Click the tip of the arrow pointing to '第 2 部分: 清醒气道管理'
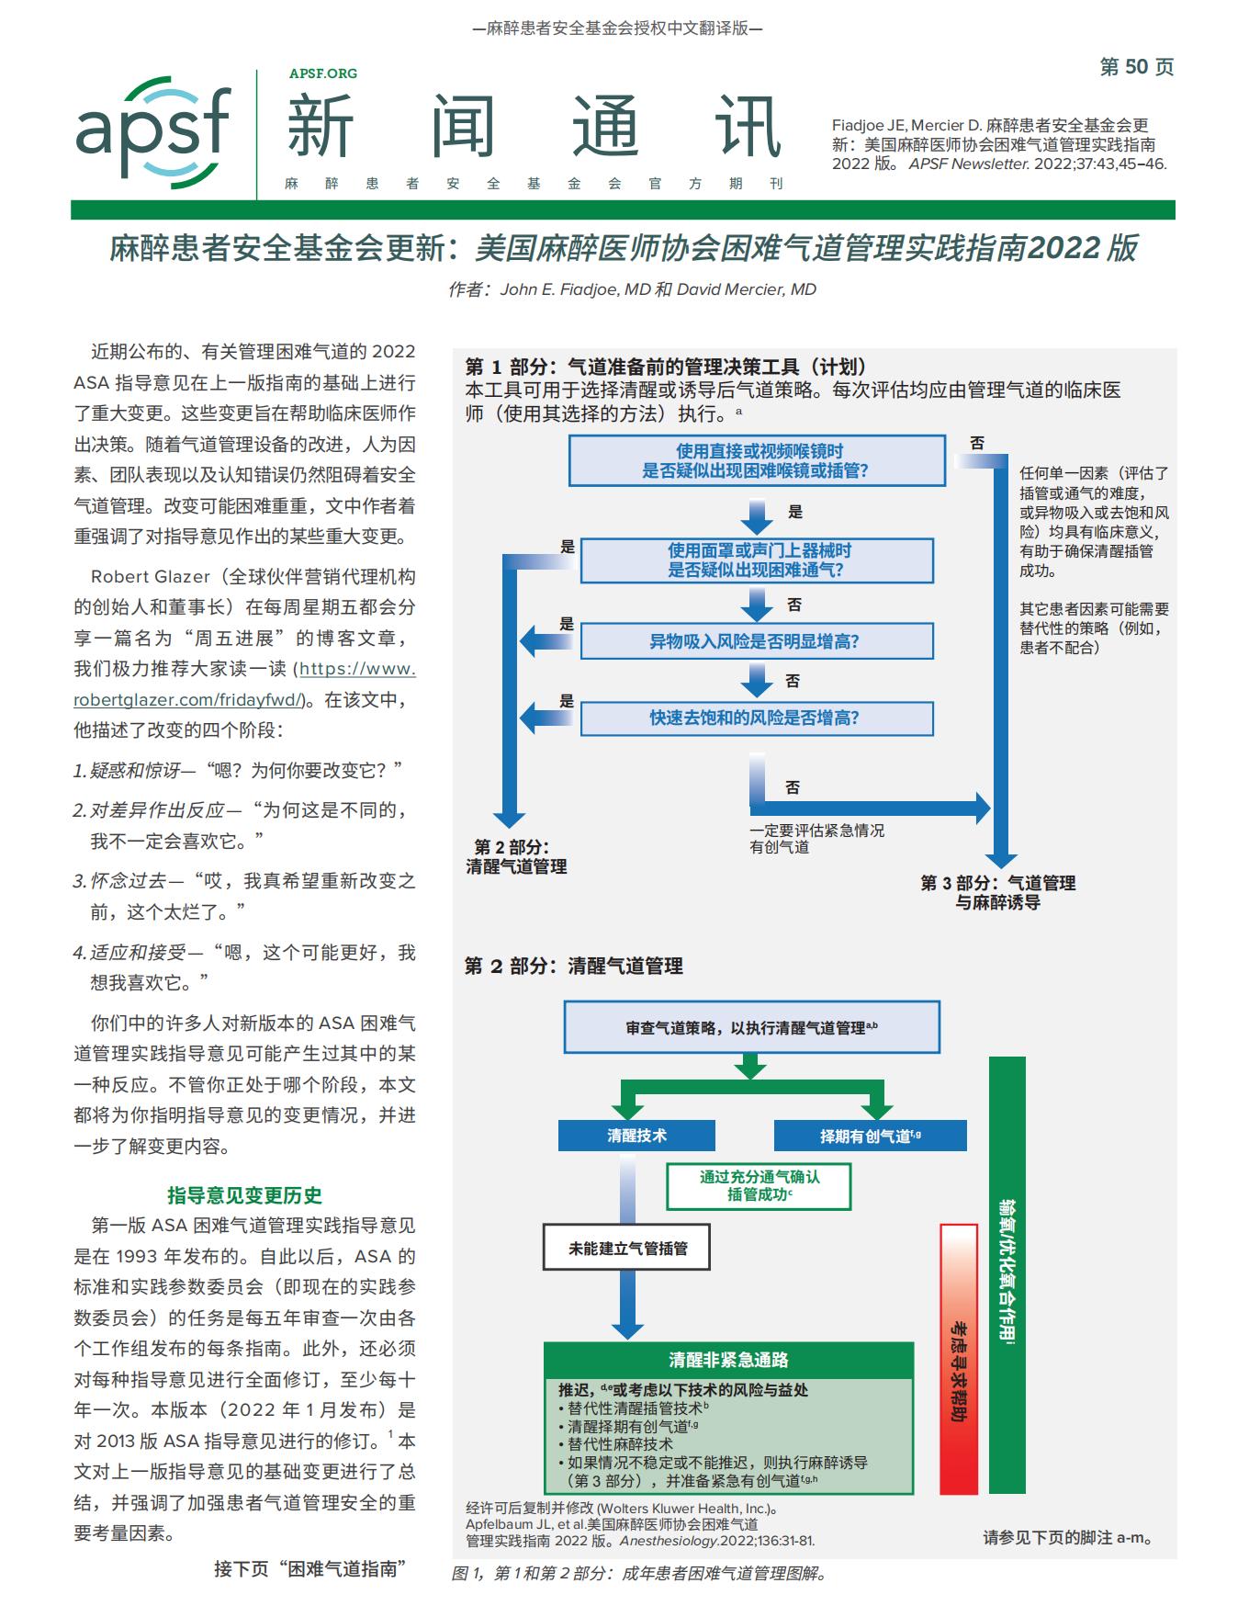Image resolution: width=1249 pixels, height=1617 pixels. (x=509, y=828)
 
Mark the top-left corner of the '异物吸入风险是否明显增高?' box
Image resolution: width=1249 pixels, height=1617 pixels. (x=581, y=624)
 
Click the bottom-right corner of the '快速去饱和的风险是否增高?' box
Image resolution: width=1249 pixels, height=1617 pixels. (x=934, y=736)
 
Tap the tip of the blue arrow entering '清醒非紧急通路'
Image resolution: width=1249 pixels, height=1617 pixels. (x=627, y=1340)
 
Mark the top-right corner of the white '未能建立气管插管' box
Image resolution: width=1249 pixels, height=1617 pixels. (x=710, y=1225)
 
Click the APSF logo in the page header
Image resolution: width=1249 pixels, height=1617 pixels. (x=153, y=131)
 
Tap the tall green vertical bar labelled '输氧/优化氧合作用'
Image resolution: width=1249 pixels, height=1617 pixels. (x=1007, y=1275)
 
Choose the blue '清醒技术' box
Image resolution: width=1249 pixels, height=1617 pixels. (x=636, y=1136)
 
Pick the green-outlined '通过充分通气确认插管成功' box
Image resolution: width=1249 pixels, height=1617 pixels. (x=759, y=1186)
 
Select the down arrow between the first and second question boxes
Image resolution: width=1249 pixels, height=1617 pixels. (x=757, y=516)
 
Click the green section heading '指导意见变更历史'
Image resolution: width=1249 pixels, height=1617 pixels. (x=244, y=1195)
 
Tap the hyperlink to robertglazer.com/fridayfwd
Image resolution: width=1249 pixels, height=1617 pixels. (x=245, y=684)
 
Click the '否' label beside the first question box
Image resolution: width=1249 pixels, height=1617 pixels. (x=977, y=443)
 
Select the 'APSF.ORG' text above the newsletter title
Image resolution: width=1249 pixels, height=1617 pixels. (x=323, y=73)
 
